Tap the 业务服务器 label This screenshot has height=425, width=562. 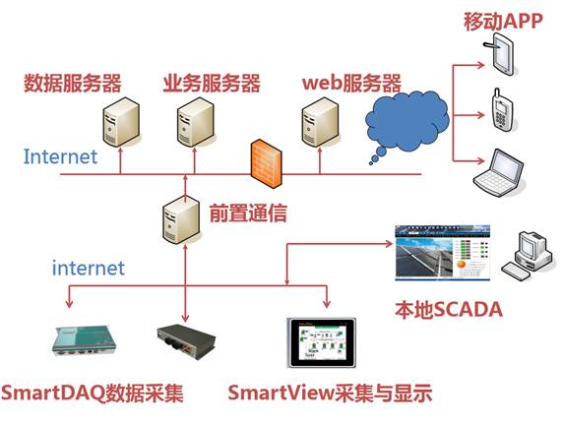212,83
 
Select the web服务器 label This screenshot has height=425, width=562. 351,83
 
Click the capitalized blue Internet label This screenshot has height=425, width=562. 60,156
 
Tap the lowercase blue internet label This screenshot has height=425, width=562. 89,268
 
